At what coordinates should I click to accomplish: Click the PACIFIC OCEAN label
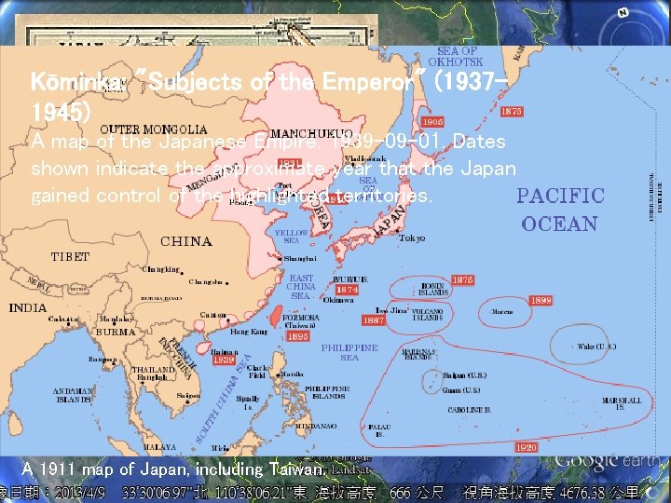pos(561,210)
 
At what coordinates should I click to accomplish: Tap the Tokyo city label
pos(412,238)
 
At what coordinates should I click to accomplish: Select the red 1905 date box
pos(432,121)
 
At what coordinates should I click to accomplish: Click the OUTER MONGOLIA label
pos(153,129)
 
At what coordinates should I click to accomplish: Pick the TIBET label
pos(71,256)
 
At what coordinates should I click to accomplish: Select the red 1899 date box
pos(541,301)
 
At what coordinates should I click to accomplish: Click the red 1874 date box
pos(347,290)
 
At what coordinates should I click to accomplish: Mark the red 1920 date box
pos(526,447)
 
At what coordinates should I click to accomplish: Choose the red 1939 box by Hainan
pos(225,360)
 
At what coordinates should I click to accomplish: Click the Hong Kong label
pos(249,332)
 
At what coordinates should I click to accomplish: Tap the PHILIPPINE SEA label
pos(349,352)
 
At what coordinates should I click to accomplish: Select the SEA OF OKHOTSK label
pos(457,56)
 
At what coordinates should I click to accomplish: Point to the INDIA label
pos(27,308)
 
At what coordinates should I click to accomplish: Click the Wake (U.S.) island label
pos(596,347)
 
